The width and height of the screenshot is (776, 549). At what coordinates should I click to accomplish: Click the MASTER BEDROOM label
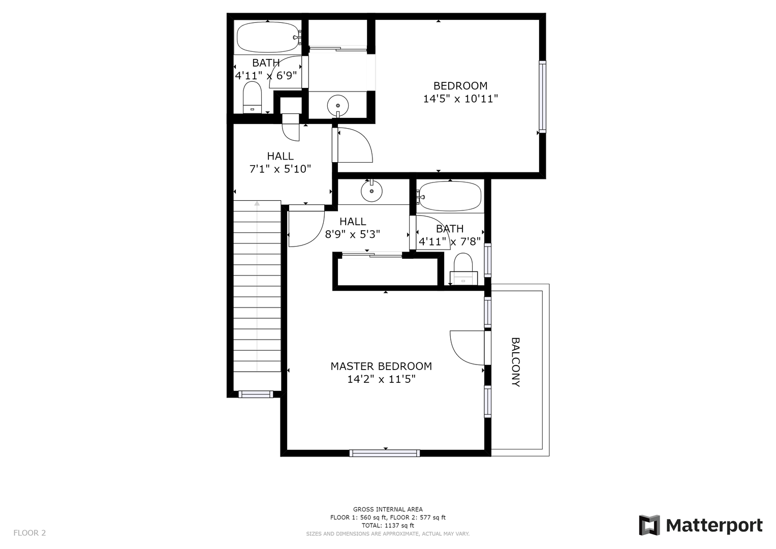pyautogui.click(x=381, y=367)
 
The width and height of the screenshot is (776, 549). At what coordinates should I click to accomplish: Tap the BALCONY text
pyautogui.click(x=515, y=362)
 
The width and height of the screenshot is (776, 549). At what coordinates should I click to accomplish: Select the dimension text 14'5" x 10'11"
pyautogui.click(x=460, y=99)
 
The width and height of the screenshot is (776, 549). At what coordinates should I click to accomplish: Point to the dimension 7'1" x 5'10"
pyautogui.click(x=280, y=169)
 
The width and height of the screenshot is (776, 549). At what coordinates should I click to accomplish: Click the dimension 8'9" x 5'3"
pyautogui.click(x=352, y=235)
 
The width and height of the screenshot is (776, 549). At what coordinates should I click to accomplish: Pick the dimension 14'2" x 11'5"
pyautogui.click(x=381, y=380)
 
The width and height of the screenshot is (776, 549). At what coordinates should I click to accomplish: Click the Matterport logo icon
pyautogui.click(x=649, y=525)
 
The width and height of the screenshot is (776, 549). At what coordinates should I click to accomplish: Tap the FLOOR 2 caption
pyautogui.click(x=29, y=533)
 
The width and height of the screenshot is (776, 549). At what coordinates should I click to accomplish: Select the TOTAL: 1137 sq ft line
pyautogui.click(x=388, y=526)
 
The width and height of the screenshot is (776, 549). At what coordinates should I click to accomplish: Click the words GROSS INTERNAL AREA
pyautogui.click(x=388, y=509)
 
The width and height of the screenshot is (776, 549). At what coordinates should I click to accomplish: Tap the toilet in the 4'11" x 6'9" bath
pyautogui.click(x=252, y=97)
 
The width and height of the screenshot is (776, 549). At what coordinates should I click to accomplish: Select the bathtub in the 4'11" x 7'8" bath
pyautogui.click(x=450, y=196)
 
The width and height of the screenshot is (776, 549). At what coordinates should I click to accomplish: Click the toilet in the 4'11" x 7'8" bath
pyautogui.click(x=463, y=269)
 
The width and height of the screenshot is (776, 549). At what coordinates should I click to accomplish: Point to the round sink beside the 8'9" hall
pyautogui.click(x=371, y=191)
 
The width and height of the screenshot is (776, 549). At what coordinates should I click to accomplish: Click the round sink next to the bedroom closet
pyautogui.click(x=338, y=105)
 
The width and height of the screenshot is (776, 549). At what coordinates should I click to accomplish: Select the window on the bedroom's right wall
pyautogui.click(x=542, y=97)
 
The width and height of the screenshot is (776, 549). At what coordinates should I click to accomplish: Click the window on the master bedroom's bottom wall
pyautogui.click(x=385, y=453)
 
